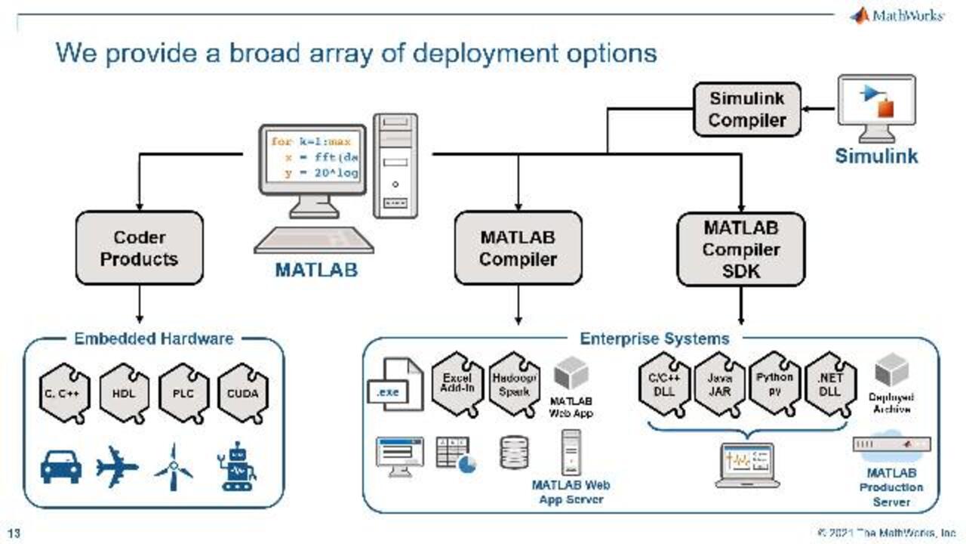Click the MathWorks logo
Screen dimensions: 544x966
tap(897, 15)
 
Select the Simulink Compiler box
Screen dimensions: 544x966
tap(746, 110)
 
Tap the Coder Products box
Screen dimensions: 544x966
tap(140, 248)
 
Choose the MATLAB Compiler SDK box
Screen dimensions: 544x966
tap(741, 249)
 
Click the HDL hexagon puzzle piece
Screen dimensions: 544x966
tap(124, 393)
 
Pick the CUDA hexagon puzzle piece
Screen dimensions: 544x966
tap(243, 393)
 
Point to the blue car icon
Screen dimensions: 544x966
tap(61, 467)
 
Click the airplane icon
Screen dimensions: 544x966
tap(117, 467)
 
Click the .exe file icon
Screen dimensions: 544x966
tap(394, 385)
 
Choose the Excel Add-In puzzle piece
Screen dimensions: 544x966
tap(457, 384)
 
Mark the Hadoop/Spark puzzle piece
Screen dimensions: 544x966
tap(514, 384)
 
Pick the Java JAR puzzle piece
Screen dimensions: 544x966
tap(719, 384)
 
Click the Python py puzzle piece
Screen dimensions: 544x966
tap(775, 384)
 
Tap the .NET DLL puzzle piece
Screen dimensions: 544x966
tap(830, 384)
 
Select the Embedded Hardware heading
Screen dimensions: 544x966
tap(153, 338)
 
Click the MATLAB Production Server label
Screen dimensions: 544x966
tap(891, 487)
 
